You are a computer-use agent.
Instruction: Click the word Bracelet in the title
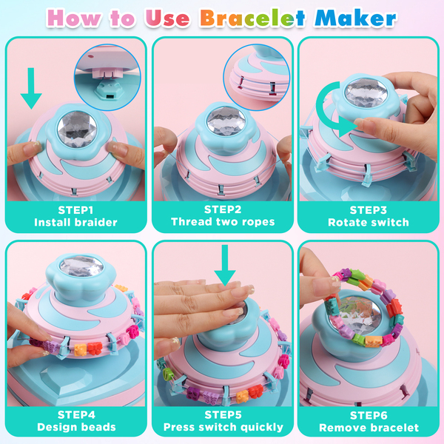click(x=252, y=18)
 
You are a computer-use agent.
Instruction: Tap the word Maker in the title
click(x=355, y=18)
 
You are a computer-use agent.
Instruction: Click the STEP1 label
click(x=75, y=210)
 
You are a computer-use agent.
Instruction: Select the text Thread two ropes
click(x=223, y=222)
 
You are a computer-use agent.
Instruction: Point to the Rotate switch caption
click(x=369, y=223)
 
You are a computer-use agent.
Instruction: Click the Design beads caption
click(x=76, y=427)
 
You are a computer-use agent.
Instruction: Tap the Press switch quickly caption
click(x=223, y=427)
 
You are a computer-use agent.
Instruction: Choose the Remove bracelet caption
click(x=369, y=428)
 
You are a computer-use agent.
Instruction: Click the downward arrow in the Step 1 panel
click(x=31, y=88)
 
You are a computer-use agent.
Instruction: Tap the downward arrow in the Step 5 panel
click(x=225, y=265)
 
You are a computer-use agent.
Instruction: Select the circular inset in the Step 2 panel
click(x=256, y=77)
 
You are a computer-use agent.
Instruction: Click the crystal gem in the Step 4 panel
click(x=81, y=266)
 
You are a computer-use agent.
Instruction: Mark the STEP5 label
click(x=223, y=415)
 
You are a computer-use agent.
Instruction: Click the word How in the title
click(x=74, y=18)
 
